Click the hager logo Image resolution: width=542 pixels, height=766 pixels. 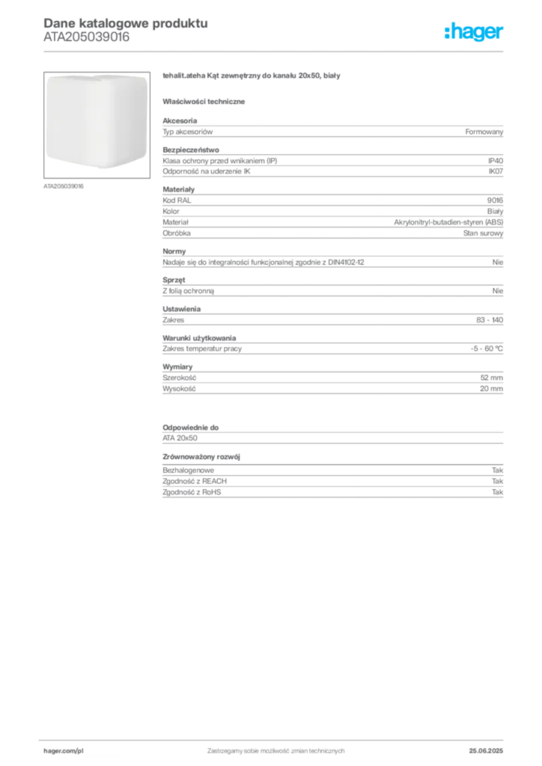[474, 31]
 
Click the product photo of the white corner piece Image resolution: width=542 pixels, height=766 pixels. [97, 125]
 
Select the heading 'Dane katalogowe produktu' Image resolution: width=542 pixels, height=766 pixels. [126, 23]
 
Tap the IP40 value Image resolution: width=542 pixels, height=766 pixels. [496, 161]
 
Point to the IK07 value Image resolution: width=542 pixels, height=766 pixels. [496, 171]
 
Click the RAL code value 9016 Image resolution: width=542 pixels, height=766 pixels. [495, 200]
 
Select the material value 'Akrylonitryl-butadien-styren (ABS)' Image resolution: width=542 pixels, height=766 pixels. [448, 222]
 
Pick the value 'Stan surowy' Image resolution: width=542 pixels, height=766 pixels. [484, 233]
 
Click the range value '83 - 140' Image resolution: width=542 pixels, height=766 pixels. [490, 320]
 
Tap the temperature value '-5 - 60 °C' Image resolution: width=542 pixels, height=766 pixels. [487, 349]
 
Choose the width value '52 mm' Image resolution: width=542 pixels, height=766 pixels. [492, 378]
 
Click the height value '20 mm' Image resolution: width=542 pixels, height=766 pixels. [492, 389]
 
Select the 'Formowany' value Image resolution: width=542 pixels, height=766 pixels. [484, 132]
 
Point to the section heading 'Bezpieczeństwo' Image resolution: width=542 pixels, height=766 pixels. [191, 150]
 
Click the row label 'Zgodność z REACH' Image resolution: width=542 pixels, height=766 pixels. [195, 481]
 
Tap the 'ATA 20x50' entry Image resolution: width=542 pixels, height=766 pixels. [180, 438]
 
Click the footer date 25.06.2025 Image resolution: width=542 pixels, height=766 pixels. [486, 751]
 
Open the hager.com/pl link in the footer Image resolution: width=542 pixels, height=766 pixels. [64, 751]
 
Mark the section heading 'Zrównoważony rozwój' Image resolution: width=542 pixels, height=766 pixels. [201, 457]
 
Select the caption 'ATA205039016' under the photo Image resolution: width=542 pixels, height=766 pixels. [64, 186]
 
